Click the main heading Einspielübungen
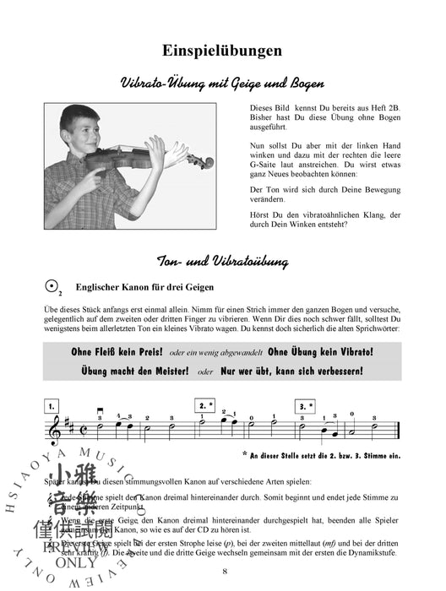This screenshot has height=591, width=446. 222,51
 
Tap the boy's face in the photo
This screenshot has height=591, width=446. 98,134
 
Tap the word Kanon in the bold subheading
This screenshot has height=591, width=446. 139,287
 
